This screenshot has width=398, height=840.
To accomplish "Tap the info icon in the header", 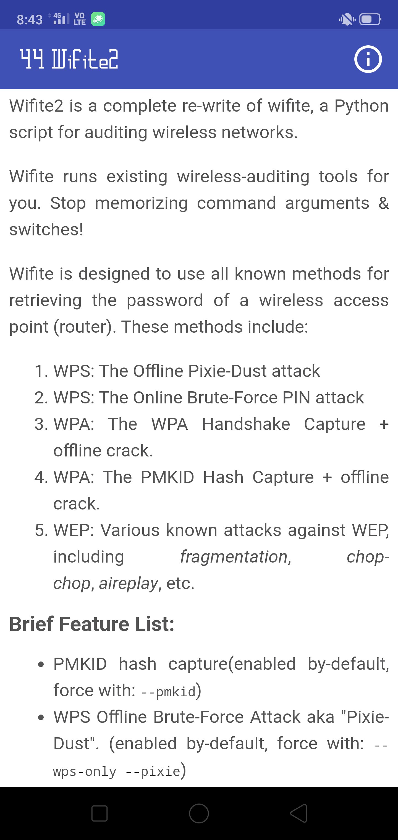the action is click(368, 59).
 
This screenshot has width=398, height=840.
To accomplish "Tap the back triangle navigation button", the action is click(298, 813).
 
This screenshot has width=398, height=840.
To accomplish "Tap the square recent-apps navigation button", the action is click(99, 813).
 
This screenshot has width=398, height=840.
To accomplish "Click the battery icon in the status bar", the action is click(370, 19).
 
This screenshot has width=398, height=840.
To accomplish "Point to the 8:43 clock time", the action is click(30, 20).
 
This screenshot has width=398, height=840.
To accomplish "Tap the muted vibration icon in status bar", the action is click(347, 19).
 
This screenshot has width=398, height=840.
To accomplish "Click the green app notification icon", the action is click(98, 19).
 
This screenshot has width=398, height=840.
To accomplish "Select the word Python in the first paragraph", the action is click(362, 106).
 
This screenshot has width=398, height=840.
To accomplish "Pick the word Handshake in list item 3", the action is click(246, 424).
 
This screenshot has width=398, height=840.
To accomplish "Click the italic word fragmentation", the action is click(234, 556).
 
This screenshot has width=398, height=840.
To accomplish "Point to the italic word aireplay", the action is click(129, 583).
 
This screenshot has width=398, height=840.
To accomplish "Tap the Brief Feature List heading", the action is click(92, 624).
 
